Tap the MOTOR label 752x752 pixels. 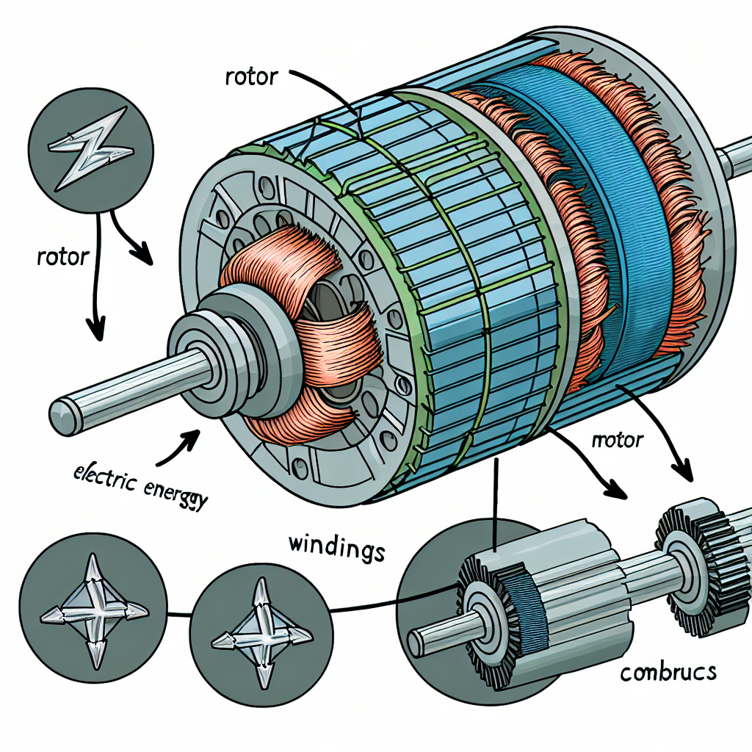pyautogui.click(x=617, y=441)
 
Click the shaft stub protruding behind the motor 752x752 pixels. pyautogui.click(x=734, y=156)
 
